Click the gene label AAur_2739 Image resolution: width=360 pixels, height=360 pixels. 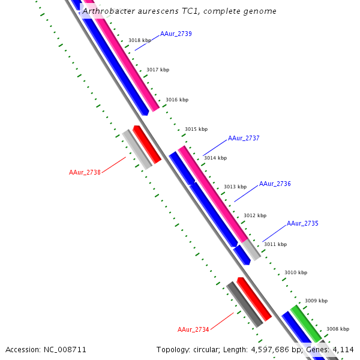[176, 34]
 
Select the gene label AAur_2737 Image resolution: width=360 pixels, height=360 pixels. [244, 138]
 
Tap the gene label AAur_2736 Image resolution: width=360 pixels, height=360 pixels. [275, 184]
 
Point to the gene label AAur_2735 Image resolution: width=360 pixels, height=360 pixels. [302, 223]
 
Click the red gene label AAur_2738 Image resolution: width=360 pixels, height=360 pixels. [85, 172]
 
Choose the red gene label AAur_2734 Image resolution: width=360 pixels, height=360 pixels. [193, 329]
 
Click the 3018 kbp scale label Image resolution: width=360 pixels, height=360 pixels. [139, 40]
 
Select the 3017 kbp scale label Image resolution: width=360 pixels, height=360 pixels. [158, 70]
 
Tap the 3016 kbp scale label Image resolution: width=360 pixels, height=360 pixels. [177, 100]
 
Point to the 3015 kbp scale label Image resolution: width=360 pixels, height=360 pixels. [196, 129]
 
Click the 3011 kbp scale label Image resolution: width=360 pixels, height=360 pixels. [275, 244]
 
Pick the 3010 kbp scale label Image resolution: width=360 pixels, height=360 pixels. [295, 272]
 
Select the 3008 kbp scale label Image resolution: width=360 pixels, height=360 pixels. [337, 329]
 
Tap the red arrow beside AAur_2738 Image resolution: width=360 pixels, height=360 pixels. [147, 144]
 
